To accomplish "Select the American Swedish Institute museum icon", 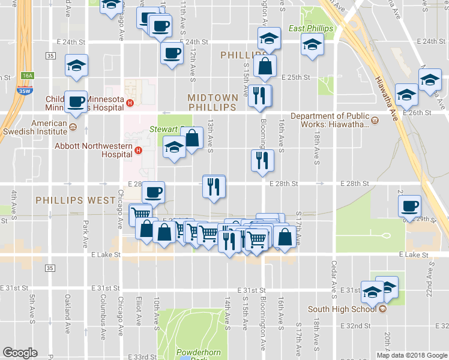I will (x=73, y=127).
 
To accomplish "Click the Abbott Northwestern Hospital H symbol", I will (x=138, y=150).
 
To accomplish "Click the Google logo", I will (x=20, y=353).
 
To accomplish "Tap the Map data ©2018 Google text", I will (x=411, y=355).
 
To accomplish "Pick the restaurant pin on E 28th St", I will (x=214, y=187).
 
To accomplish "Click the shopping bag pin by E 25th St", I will (x=265, y=66).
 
